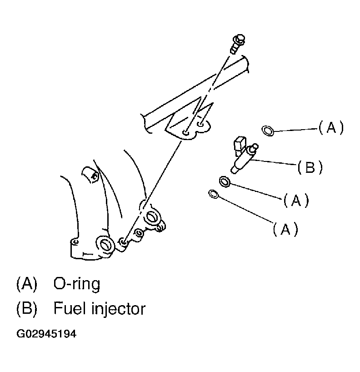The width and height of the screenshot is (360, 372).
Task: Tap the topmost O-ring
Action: (268, 131)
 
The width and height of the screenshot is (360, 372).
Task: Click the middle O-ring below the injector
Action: (225, 182)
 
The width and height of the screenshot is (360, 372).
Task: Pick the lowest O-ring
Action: (212, 194)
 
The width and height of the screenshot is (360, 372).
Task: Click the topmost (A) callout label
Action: (331, 128)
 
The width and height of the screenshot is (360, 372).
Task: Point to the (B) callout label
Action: (310, 168)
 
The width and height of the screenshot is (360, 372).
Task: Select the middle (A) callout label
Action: (296, 200)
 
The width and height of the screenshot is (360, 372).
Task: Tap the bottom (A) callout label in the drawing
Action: (285, 230)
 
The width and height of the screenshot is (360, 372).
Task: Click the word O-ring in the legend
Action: (76, 284)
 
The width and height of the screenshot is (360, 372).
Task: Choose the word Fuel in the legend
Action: (69, 309)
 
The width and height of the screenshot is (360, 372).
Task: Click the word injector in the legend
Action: (118, 310)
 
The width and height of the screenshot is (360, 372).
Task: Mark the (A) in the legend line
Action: (26, 285)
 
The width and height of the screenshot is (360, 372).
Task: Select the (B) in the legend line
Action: (26, 310)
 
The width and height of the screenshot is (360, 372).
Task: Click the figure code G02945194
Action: (46, 334)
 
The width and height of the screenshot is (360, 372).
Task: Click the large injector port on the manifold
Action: (105, 245)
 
